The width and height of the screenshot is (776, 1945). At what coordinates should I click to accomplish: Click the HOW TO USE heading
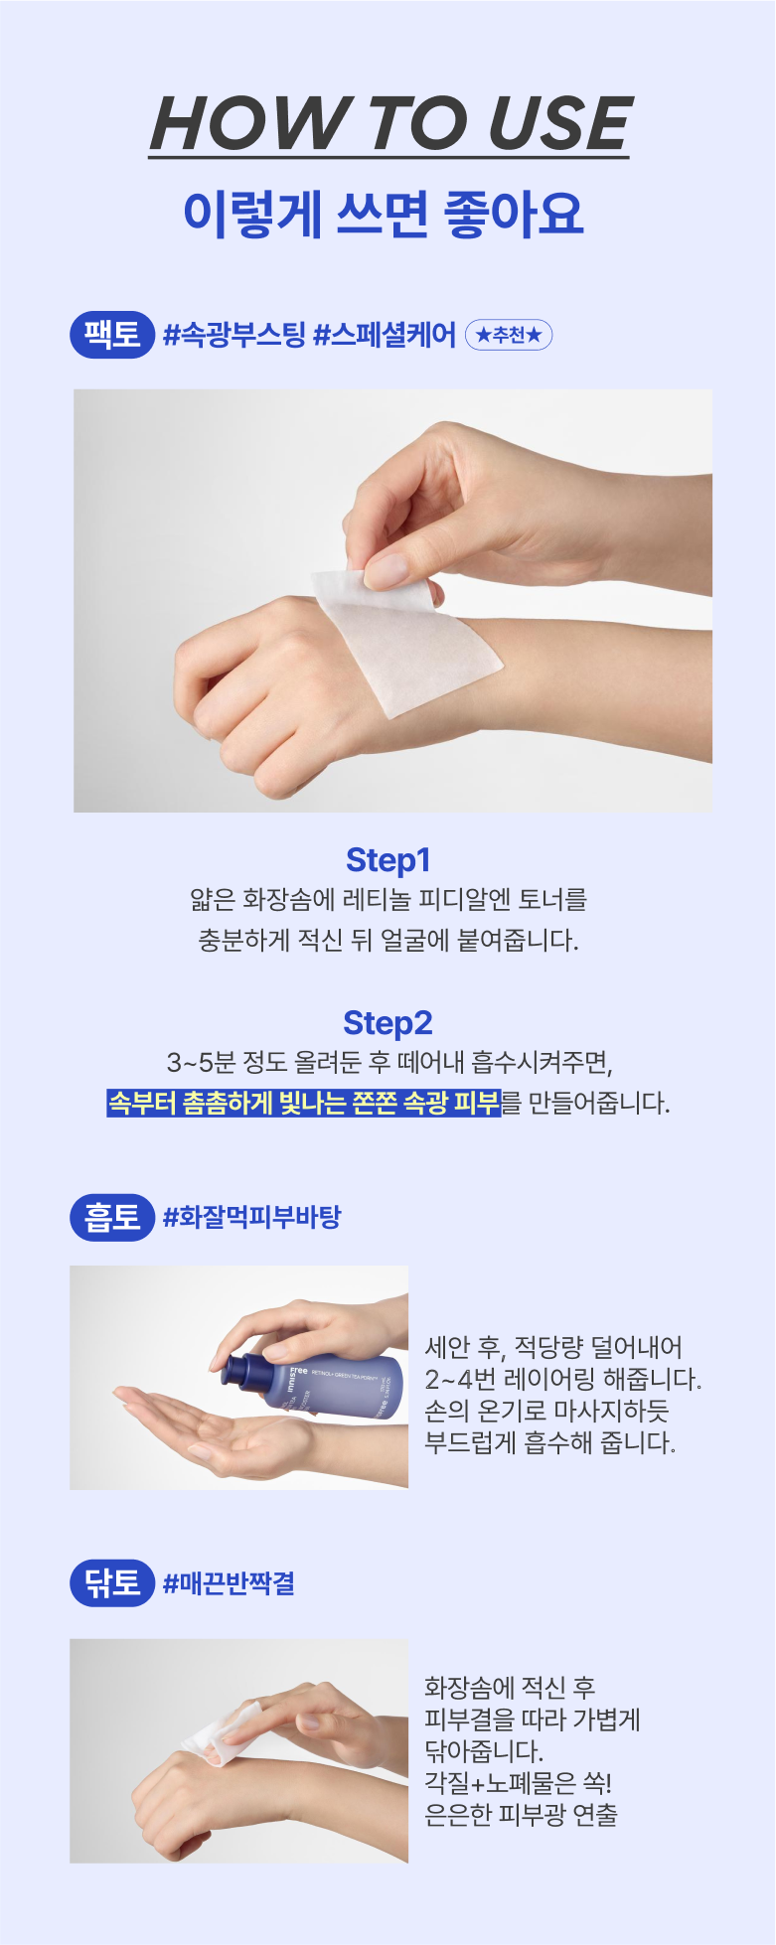point(388,124)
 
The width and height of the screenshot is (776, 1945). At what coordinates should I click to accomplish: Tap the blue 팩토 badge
point(112,334)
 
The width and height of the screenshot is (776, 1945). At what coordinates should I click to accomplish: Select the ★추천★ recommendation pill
point(509,336)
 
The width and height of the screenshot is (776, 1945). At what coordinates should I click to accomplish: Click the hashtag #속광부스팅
point(233,335)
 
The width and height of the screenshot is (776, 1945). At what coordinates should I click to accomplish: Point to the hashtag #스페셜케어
point(385,335)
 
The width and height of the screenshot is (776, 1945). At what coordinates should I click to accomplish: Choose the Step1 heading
point(388,860)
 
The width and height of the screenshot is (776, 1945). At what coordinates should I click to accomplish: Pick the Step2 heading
point(388,1022)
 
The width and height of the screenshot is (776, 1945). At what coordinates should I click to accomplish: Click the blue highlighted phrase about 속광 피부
point(304,1103)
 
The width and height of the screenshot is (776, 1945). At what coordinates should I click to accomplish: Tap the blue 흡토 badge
point(112,1217)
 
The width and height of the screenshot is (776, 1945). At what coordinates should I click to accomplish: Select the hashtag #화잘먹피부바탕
point(251,1217)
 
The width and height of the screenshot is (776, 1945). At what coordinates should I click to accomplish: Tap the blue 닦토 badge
point(112,1582)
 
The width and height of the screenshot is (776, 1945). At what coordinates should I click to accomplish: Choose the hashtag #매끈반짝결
point(229,1583)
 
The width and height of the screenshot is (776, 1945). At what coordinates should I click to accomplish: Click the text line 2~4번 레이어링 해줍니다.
point(562,1379)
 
